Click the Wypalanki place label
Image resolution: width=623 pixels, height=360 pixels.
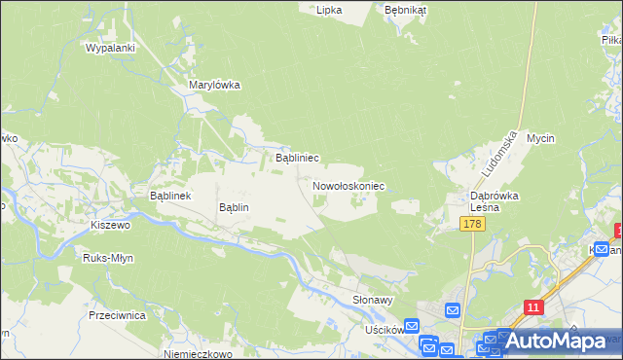pyautogui.click(x=109, y=48)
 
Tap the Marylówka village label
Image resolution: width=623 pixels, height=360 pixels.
pyautogui.click(x=213, y=85)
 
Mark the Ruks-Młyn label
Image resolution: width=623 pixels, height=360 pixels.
pyautogui.click(x=108, y=259)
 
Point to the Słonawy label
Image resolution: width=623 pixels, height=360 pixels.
pyautogui.click(x=372, y=301)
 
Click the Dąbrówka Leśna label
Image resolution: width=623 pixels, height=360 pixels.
pyautogui.click(x=495, y=201)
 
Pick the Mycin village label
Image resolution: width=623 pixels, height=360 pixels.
pyautogui.click(x=540, y=138)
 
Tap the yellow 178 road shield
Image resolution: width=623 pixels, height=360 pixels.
pyautogui.click(x=472, y=225)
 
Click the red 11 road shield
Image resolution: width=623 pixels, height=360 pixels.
pyautogui.click(x=531, y=307)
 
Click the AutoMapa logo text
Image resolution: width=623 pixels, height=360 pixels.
pyautogui.click(x=556, y=342)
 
